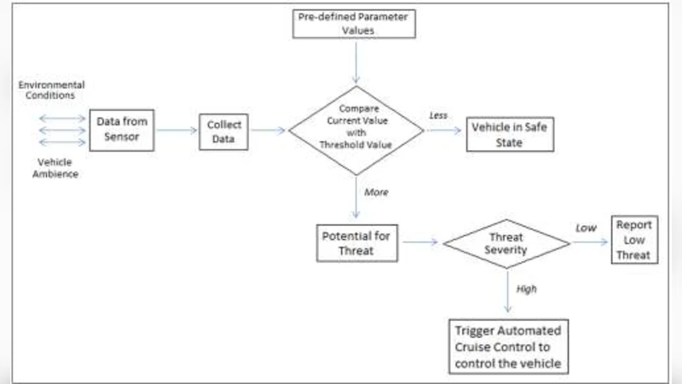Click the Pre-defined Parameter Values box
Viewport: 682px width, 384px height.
coord(353,24)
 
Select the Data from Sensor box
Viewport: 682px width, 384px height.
coord(124,130)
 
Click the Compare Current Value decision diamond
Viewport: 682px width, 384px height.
coord(355,130)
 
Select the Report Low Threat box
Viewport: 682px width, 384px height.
coord(635,241)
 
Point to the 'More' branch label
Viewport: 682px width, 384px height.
coord(376,192)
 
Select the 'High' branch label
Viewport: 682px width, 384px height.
coord(527,289)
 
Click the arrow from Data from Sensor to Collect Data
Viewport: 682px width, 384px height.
coord(176,131)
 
